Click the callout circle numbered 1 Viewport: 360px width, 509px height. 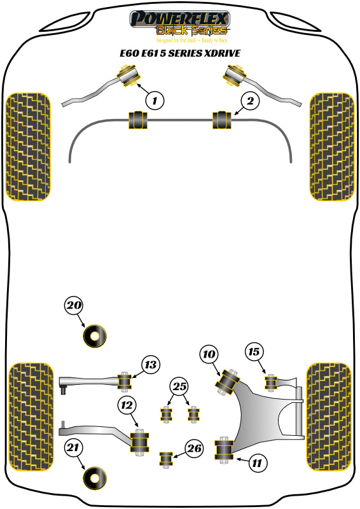[x=154, y=99]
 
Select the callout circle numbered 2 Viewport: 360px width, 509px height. [x=250, y=100]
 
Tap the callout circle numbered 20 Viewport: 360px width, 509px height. [x=74, y=305]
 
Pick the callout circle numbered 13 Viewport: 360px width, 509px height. [x=149, y=365]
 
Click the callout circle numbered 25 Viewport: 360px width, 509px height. [x=179, y=386]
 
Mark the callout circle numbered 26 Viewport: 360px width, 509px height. [x=195, y=449]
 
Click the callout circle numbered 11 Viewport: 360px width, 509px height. [x=256, y=463]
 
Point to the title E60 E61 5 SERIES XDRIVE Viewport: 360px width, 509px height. [x=179, y=53]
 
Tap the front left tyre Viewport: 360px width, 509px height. [x=27, y=146]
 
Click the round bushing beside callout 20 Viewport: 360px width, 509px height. [x=96, y=336]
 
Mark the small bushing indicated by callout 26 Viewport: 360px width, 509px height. [x=166, y=457]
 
